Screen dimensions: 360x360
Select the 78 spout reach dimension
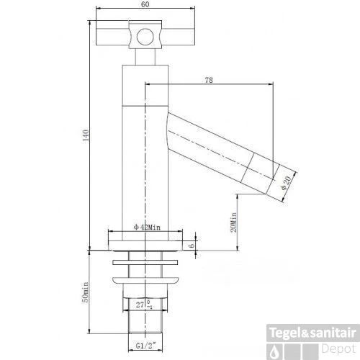[x=209, y=81]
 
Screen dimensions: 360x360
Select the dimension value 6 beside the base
[x=192, y=245]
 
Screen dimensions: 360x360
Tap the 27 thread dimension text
[x=142, y=305]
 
